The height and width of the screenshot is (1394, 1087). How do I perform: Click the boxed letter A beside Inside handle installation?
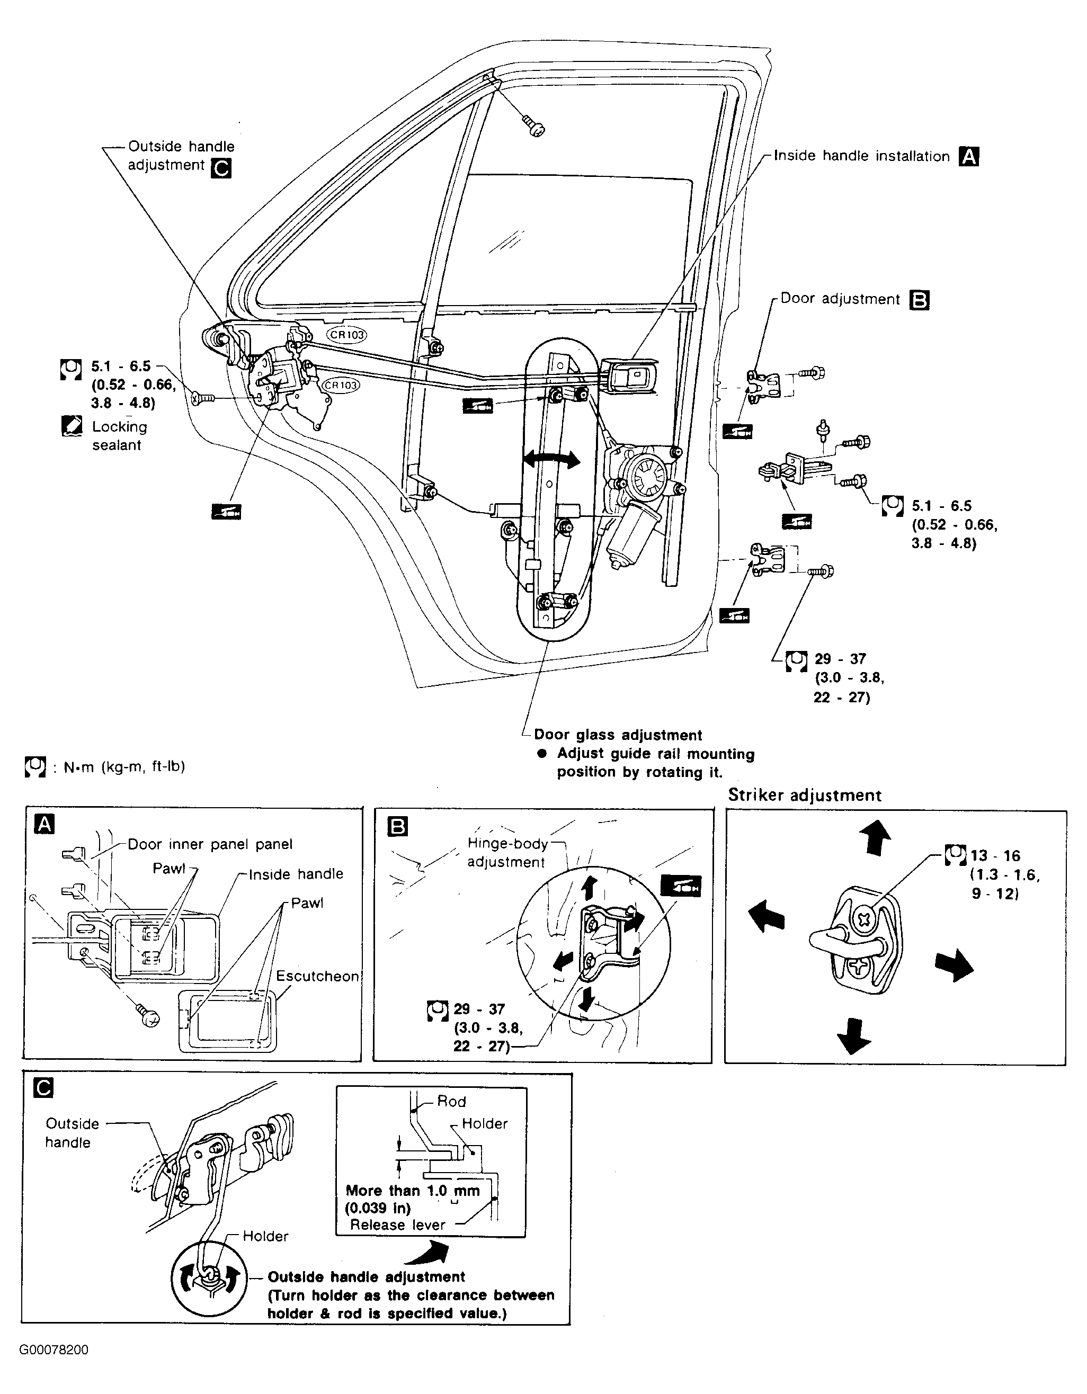pos(969,156)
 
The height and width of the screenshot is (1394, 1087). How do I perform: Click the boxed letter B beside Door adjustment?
pos(919,300)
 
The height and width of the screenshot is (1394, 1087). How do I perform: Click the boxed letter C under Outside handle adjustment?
pos(221,168)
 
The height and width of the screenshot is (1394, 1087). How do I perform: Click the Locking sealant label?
pos(119,436)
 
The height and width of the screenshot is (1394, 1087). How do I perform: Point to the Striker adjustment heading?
pos(804,796)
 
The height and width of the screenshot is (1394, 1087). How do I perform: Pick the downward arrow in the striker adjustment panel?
pos(854,1036)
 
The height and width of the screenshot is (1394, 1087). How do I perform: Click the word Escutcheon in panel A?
pos(317,977)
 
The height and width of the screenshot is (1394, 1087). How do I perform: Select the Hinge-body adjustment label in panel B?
pos(507,853)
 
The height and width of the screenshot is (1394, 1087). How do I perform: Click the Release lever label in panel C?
pos(398,1225)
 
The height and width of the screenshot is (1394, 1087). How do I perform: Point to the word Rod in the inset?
pos(451,1102)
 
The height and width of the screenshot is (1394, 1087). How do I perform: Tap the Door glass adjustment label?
pos(618,735)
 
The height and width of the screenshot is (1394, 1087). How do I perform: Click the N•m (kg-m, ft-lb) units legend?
pos(124,766)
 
